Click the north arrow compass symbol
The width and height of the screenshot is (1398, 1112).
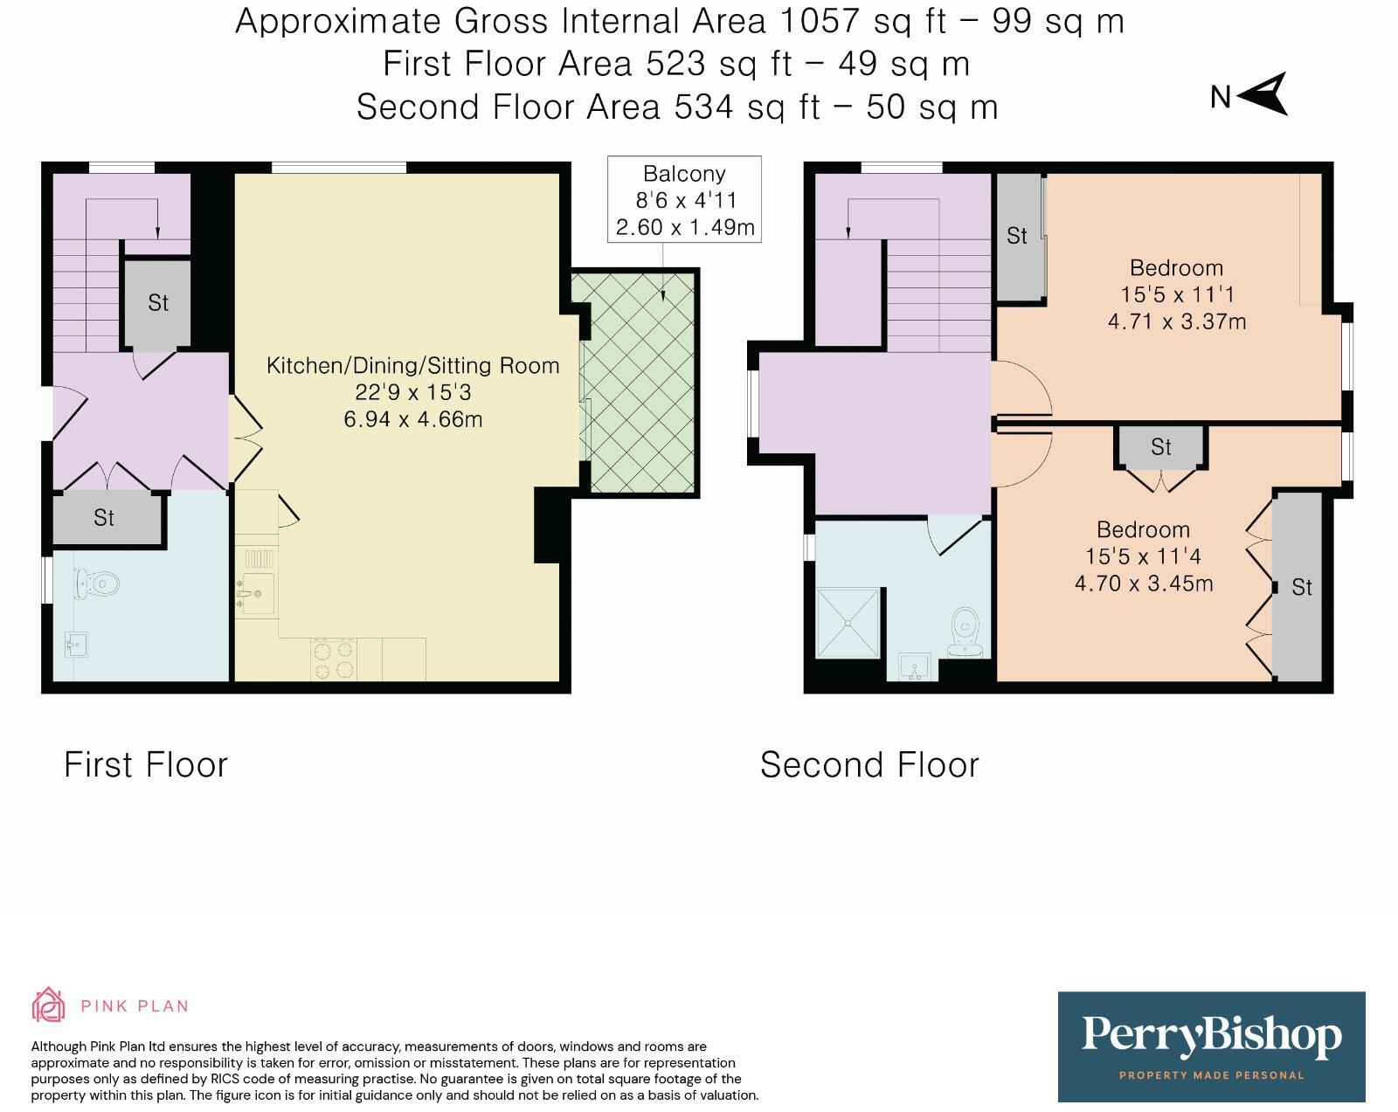[x=1264, y=95]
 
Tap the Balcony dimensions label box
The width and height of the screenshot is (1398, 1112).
[x=684, y=199]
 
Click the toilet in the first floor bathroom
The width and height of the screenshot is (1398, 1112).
[x=97, y=584]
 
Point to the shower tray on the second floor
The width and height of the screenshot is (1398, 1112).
[x=848, y=623]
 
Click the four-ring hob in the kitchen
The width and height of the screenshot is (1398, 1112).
[x=334, y=660]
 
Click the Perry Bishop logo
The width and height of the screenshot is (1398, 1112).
[x=1212, y=1046]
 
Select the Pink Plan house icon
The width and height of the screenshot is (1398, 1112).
[x=49, y=1005]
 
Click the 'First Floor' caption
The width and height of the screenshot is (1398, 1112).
[x=146, y=764]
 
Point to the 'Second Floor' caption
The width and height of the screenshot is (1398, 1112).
[x=869, y=764]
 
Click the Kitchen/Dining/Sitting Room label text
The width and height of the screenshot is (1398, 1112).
[x=413, y=366]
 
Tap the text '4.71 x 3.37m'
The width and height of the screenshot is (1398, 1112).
[x=1176, y=321]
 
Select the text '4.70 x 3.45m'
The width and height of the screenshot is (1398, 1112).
[x=1144, y=584]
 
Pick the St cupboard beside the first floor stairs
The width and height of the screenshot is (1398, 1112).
[x=158, y=303]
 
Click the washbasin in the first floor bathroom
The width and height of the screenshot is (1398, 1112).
[x=77, y=645]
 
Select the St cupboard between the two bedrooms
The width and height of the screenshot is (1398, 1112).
[x=1161, y=447]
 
